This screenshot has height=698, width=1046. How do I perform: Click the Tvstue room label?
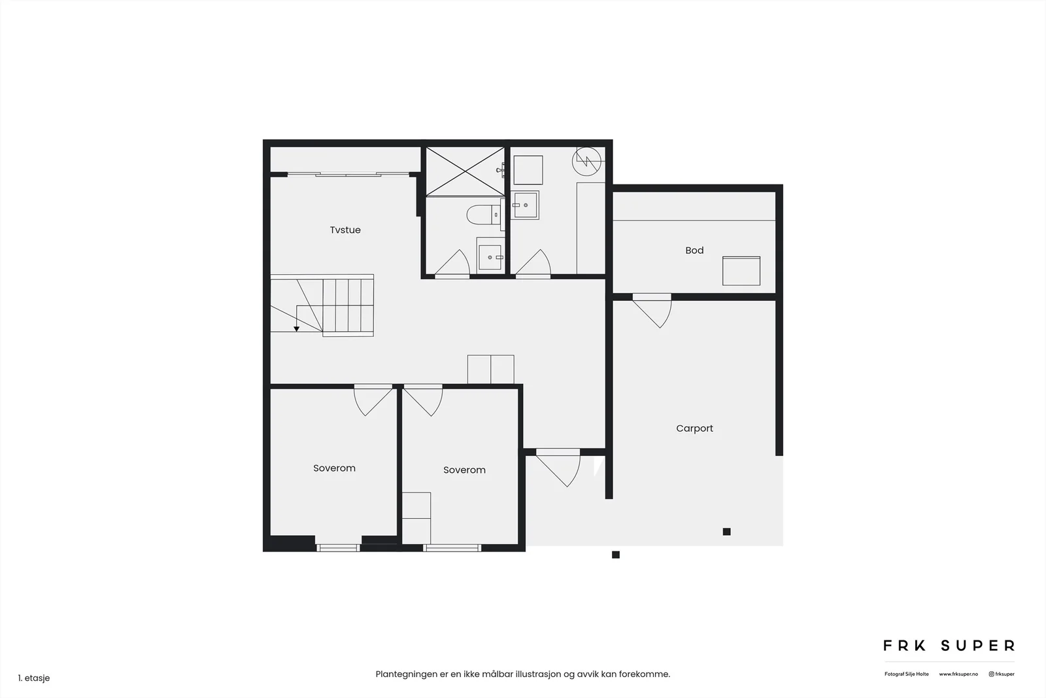point(345,230)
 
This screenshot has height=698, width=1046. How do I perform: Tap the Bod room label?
point(694,251)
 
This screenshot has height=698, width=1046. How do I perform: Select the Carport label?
point(694,428)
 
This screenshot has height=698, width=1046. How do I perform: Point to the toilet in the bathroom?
point(484,215)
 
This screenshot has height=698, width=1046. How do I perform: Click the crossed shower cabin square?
point(465,171)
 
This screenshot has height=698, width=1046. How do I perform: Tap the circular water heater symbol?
point(586,161)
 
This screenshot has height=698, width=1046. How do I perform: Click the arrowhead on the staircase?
point(297,329)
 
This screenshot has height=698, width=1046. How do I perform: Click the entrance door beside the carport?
point(558,467)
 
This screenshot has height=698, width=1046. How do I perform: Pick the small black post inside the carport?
point(726,532)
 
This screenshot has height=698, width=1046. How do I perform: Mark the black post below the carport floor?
point(616,555)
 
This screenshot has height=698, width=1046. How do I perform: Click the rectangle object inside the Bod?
point(741,271)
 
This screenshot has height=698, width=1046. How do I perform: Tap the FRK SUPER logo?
point(949,646)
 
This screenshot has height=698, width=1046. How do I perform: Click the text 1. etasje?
point(34,678)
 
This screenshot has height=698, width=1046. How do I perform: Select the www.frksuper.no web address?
point(958,674)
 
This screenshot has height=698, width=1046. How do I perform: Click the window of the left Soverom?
point(338,548)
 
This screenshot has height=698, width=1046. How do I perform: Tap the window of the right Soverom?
point(452,548)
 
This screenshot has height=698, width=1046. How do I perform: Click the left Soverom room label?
point(334,468)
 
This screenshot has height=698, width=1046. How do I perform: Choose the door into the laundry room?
point(533,264)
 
